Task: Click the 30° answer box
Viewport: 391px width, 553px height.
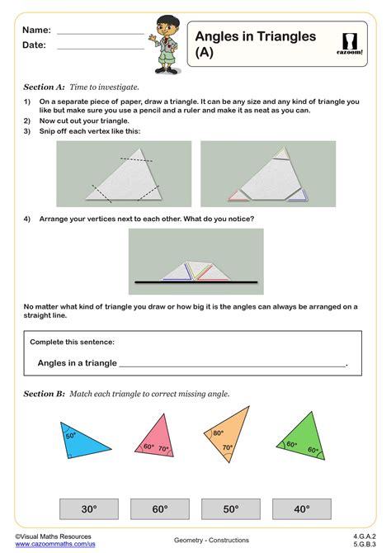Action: (88, 509)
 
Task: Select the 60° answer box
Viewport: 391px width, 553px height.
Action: (159, 509)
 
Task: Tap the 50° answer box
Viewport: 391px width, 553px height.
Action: (230, 509)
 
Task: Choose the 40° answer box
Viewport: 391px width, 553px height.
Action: (301, 509)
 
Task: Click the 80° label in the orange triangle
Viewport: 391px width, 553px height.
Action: (219, 432)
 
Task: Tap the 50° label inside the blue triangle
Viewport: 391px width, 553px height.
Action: (71, 435)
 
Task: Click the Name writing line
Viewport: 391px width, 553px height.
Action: (100, 31)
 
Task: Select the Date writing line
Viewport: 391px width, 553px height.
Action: (100, 47)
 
